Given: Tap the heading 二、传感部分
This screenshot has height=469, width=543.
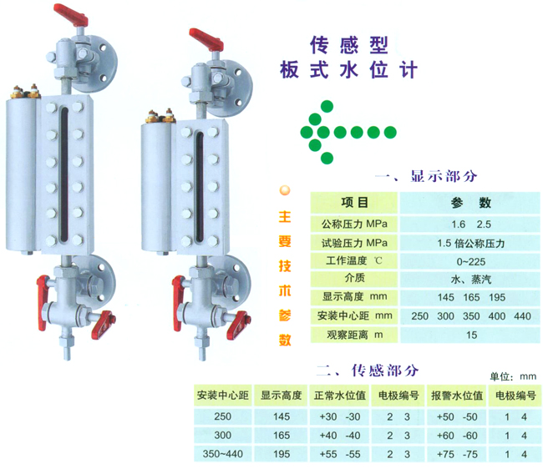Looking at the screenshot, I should (367, 370).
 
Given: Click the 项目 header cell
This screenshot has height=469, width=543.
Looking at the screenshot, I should (355, 203).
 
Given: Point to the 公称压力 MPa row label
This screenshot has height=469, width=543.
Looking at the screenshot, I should (354, 224).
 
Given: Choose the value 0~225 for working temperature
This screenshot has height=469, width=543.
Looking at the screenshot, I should (469, 260).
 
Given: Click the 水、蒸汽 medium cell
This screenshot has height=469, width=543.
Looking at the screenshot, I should (469, 279).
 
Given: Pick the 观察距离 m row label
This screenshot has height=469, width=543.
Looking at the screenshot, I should (354, 335).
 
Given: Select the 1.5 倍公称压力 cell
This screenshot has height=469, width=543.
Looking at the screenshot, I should (469, 242).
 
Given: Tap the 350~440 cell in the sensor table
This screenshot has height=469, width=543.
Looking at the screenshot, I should (222, 453).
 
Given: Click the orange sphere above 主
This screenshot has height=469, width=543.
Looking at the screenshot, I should (285, 190).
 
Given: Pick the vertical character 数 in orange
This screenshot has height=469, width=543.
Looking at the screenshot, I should (285, 340).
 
